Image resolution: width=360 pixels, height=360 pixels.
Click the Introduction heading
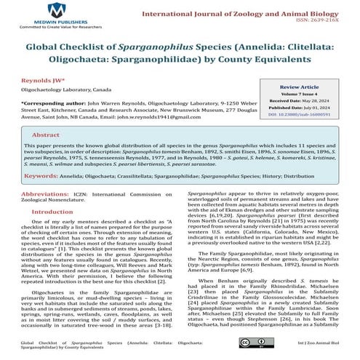(x=52, y=212)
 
